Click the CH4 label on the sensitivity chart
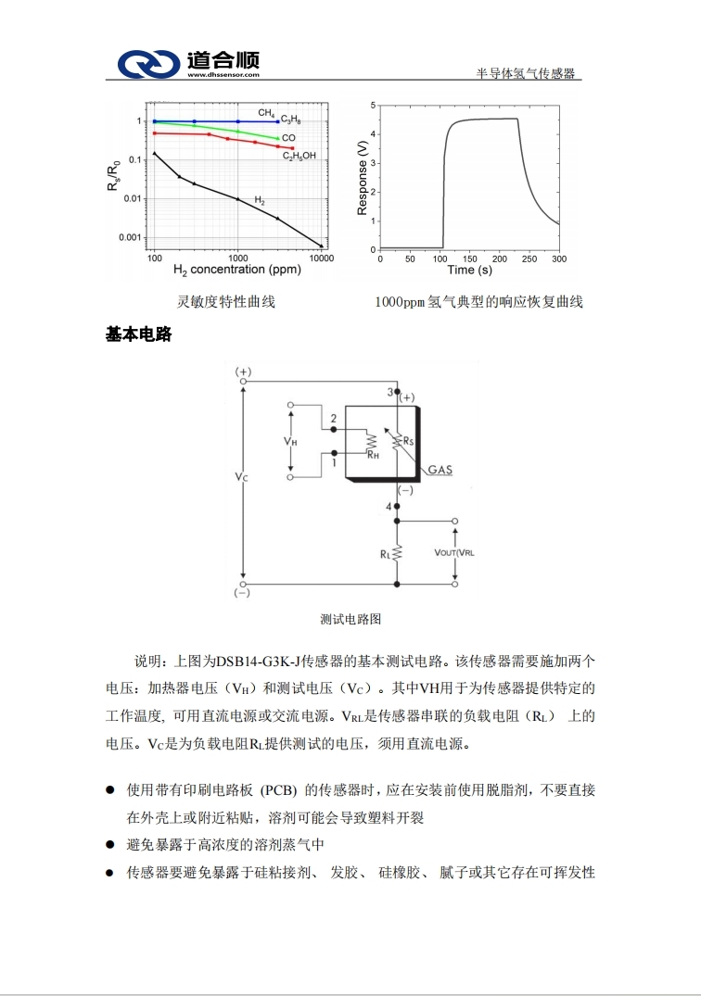click(265, 112)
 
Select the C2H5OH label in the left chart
click(300, 156)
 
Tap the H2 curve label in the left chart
click(260, 200)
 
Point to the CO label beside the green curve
click(288, 137)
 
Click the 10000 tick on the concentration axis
click(321, 258)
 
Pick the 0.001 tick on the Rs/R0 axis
click(130, 237)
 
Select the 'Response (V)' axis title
click(363, 178)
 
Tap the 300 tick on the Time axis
click(558, 259)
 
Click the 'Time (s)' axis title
click(469, 271)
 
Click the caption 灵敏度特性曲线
click(226, 302)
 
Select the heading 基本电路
click(139, 335)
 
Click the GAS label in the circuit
click(440, 470)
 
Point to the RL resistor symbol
click(396, 553)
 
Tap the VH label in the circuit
click(290, 442)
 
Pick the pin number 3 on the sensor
click(389, 392)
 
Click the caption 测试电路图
click(350, 619)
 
